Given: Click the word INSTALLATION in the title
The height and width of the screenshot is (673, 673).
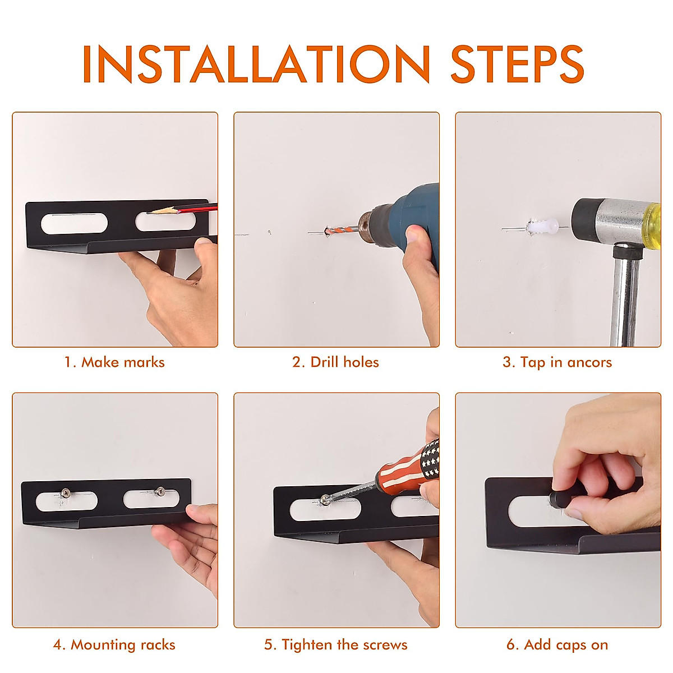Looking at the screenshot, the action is click(256, 63).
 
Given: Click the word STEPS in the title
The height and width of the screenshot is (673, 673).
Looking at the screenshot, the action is click(517, 63).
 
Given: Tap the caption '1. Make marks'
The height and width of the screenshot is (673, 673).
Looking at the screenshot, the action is click(114, 362).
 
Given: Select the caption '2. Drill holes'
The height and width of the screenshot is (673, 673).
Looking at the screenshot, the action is click(335, 362).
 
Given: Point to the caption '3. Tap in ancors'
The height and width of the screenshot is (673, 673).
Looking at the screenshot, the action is click(557, 362).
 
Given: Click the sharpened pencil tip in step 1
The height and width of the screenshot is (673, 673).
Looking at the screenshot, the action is click(150, 211).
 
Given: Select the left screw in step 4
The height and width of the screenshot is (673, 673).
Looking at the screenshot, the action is click(66, 493).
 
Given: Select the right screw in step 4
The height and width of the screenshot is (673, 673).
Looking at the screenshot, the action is click(160, 491).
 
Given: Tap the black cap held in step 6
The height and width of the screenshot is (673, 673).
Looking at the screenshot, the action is click(560, 500).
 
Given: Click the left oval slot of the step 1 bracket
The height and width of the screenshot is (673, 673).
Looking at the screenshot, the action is click(74, 223).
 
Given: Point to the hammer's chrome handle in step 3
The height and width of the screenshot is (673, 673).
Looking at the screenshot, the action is click(625, 297).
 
